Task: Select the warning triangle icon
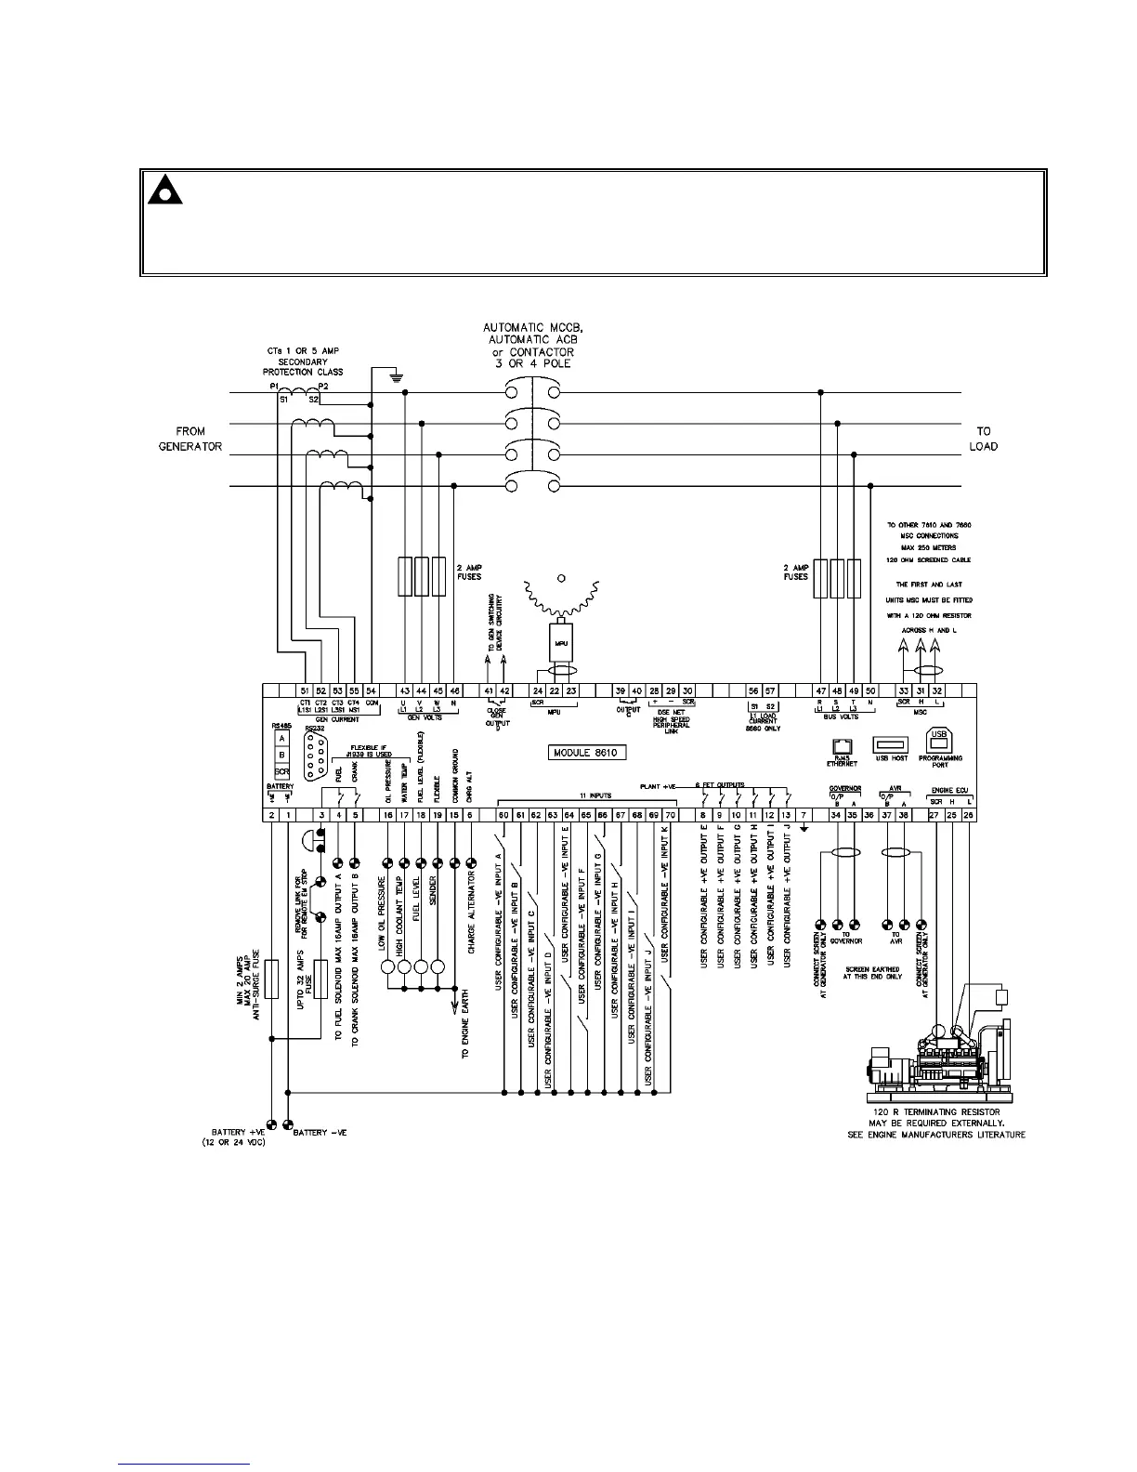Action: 165,191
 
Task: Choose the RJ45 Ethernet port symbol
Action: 843,745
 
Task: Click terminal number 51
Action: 305,690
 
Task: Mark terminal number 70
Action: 670,815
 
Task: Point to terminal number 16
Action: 387,815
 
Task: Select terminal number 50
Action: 870,690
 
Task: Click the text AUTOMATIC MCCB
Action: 528,328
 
